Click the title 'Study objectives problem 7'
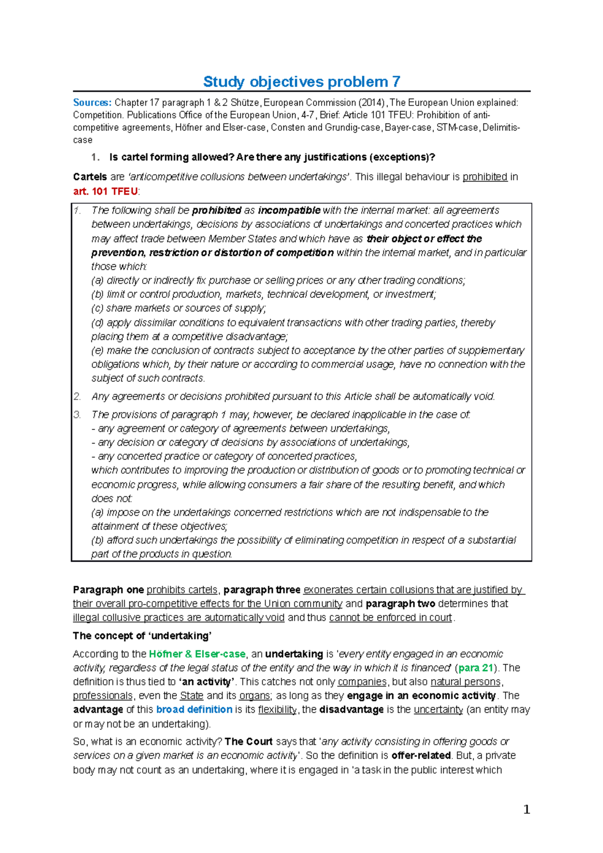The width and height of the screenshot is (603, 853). coord(301,81)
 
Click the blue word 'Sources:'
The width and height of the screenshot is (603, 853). coord(92,102)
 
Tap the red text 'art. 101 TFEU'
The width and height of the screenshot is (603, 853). coord(105,191)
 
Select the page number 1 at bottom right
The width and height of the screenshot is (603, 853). coord(526,809)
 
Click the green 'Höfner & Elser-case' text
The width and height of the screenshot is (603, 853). coord(197,654)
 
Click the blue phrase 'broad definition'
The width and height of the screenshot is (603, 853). coord(194,710)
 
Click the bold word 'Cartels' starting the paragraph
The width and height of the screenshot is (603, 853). coord(90,177)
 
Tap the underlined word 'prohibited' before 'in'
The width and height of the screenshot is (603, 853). coord(485,177)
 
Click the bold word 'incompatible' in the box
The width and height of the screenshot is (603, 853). coord(289,210)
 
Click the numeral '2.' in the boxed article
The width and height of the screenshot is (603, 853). coord(77,397)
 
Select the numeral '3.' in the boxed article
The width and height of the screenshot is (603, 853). coord(77,415)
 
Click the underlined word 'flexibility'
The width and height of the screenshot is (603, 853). coord(278,710)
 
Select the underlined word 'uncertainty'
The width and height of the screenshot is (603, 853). coord(438,710)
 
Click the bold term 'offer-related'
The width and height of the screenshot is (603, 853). coord(421,756)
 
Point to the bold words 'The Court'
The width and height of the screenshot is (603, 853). coord(248,742)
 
